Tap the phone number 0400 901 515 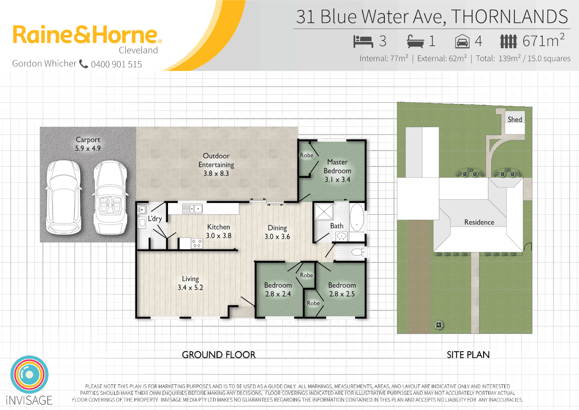(x=116, y=64)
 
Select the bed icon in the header (x=363, y=41)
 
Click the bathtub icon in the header (x=415, y=41)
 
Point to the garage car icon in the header (x=462, y=41)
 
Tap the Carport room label (x=88, y=140)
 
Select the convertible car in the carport (x=110, y=197)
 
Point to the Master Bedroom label (x=337, y=166)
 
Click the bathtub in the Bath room (x=357, y=217)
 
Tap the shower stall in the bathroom (x=324, y=211)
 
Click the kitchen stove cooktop (x=197, y=243)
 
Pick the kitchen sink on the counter (x=192, y=208)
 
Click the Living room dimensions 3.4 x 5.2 (x=190, y=288)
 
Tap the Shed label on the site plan (x=514, y=120)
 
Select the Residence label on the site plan (x=479, y=222)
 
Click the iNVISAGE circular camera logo (x=29, y=374)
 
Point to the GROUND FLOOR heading (x=219, y=355)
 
